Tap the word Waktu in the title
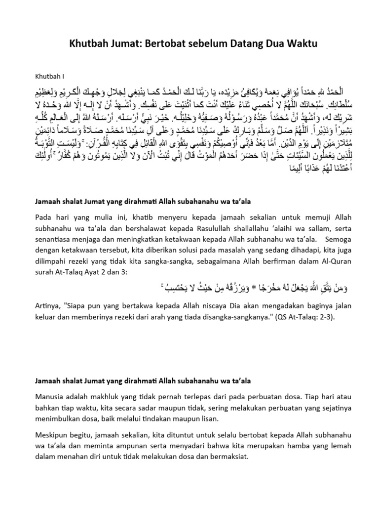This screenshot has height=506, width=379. coord(300,44)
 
